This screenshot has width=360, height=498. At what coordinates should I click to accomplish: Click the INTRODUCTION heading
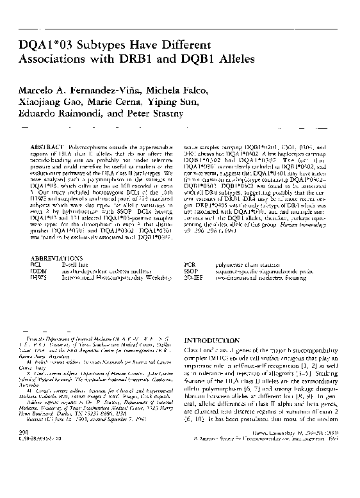pos(211,341)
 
